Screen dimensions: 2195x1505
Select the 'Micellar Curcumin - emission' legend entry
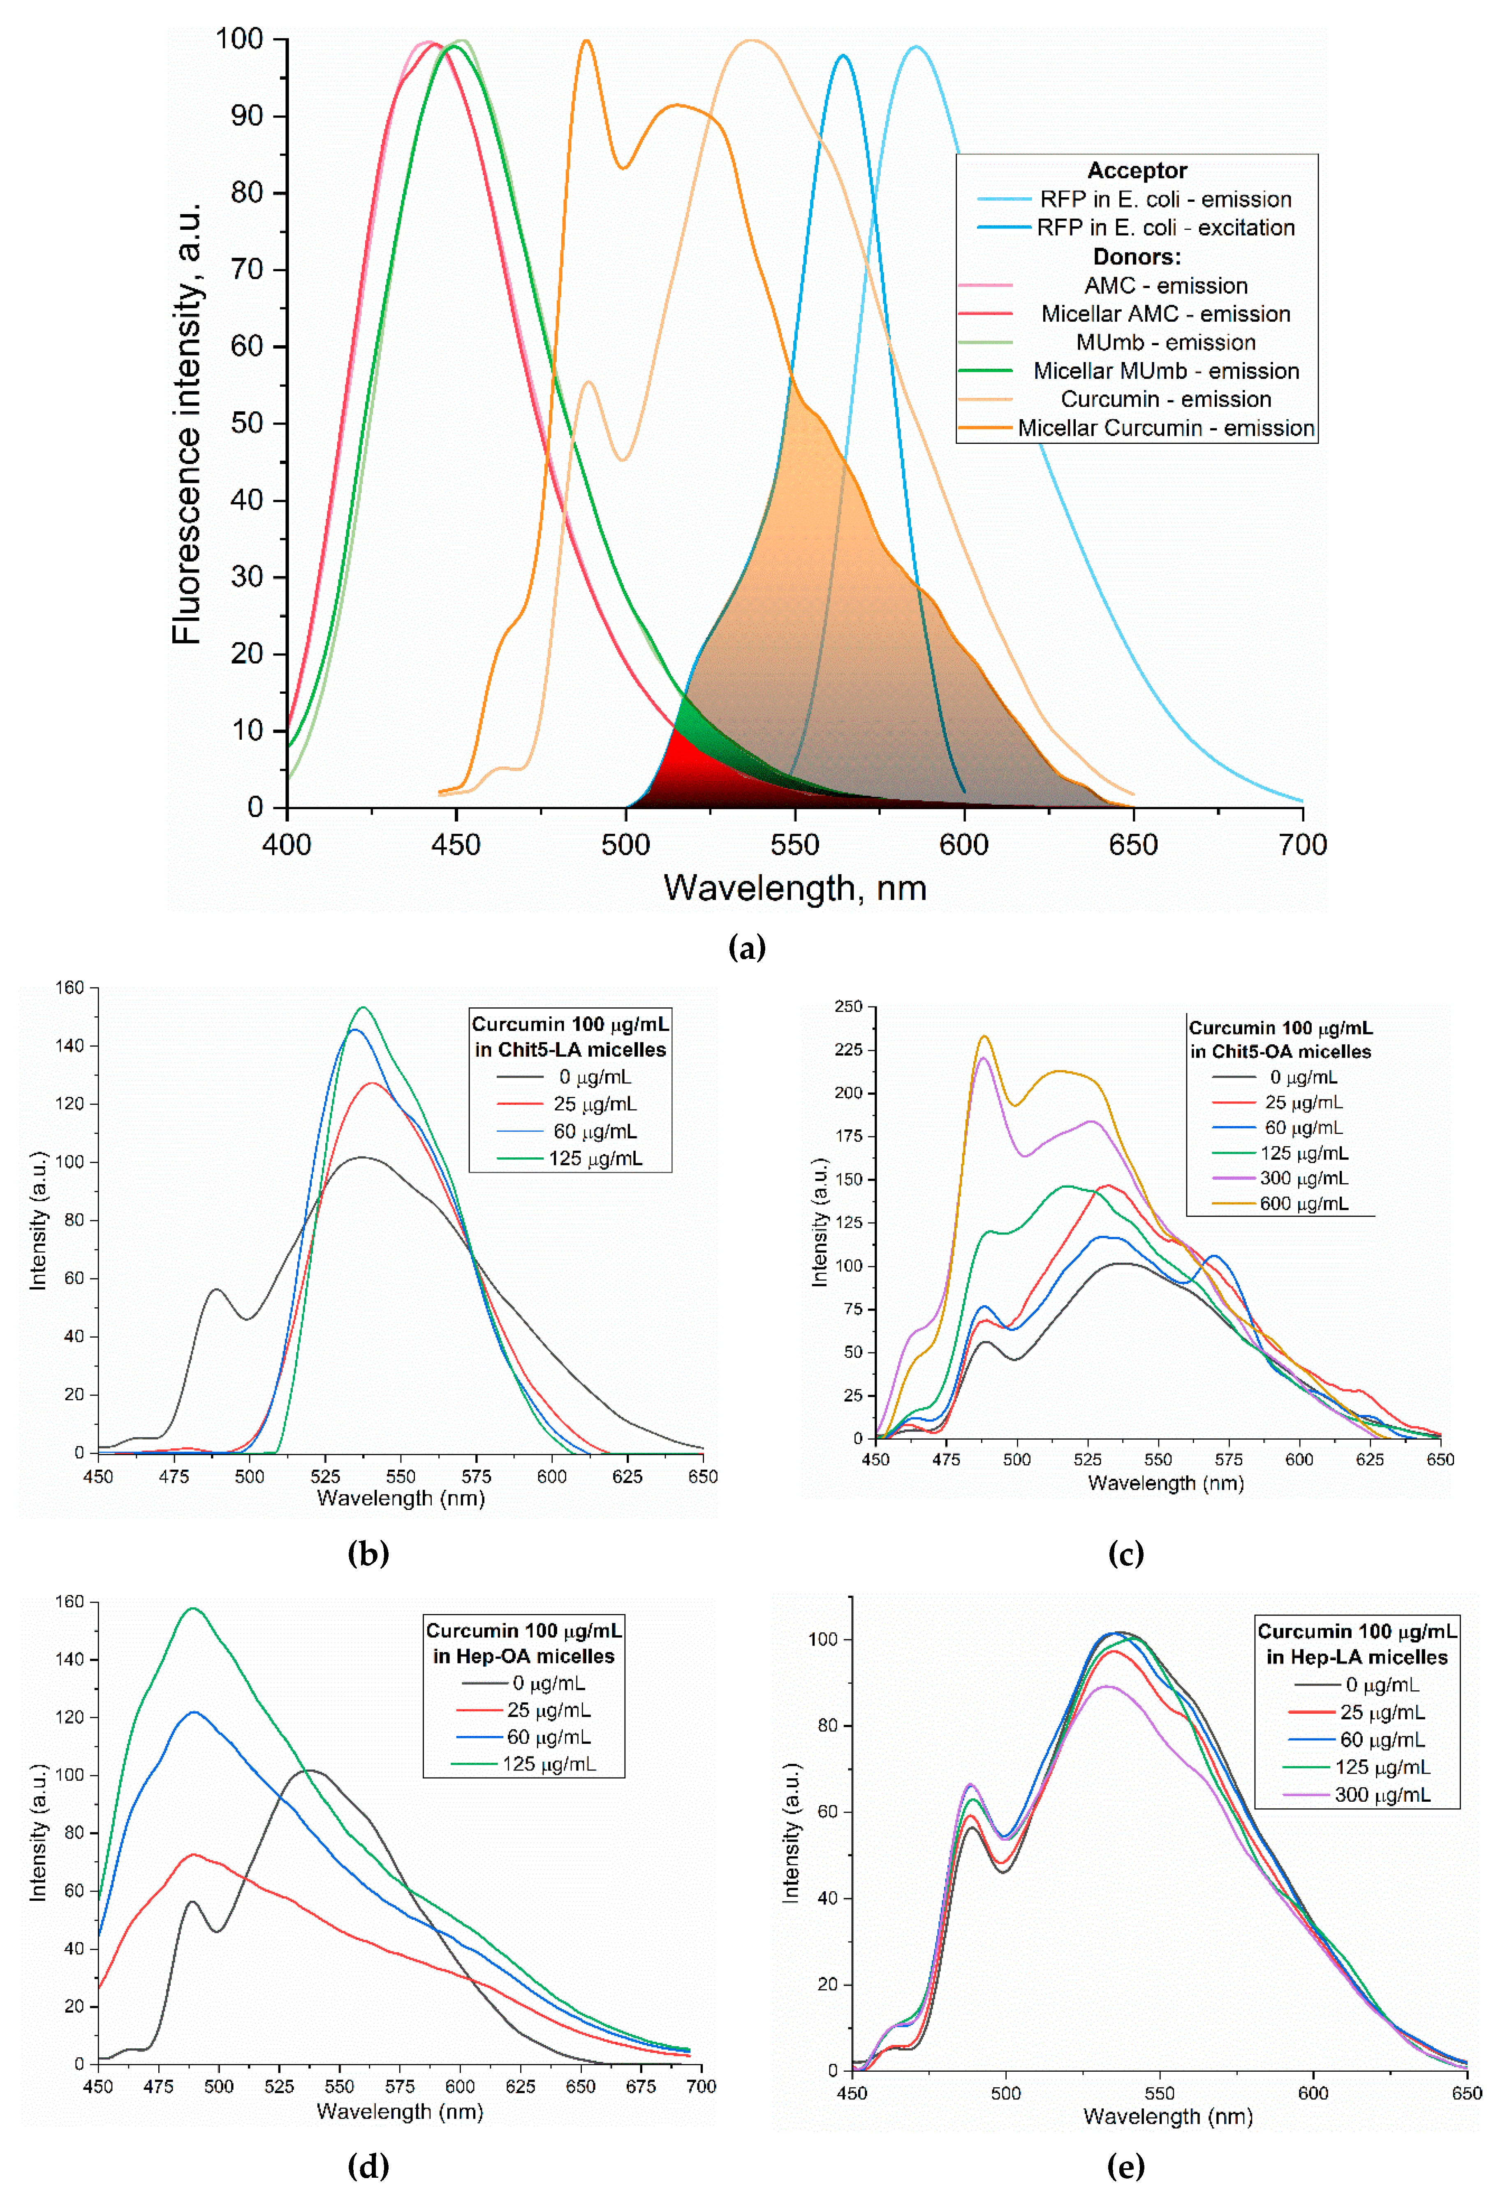point(1165,428)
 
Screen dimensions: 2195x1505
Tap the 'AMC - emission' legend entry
point(1165,285)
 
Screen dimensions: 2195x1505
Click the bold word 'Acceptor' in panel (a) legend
point(1137,170)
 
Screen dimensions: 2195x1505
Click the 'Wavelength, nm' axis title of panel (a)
point(794,888)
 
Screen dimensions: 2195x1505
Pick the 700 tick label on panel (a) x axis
point(1302,845)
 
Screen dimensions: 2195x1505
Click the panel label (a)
point(746,947)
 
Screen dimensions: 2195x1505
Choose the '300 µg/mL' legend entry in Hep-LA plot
point(1381,1795)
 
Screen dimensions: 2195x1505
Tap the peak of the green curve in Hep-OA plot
point(194,1609)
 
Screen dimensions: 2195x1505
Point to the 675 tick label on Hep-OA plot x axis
point(641,2085)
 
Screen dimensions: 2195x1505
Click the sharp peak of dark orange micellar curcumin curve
point(586,41)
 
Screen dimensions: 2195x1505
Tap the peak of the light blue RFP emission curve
point(915,46)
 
